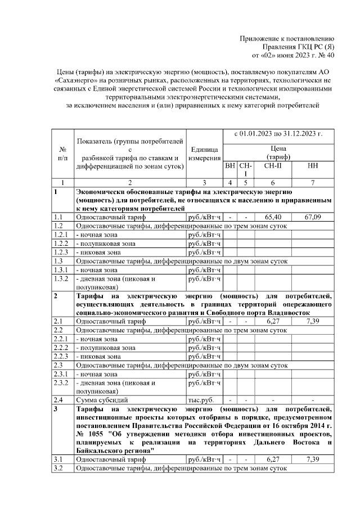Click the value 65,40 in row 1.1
click(273, 217)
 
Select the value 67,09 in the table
click(312, 217)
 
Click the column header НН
click(312, 167)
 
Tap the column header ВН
click(230, 167)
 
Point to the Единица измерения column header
click(204, 154)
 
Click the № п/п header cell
click(62, 154)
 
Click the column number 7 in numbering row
click(312, 182)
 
